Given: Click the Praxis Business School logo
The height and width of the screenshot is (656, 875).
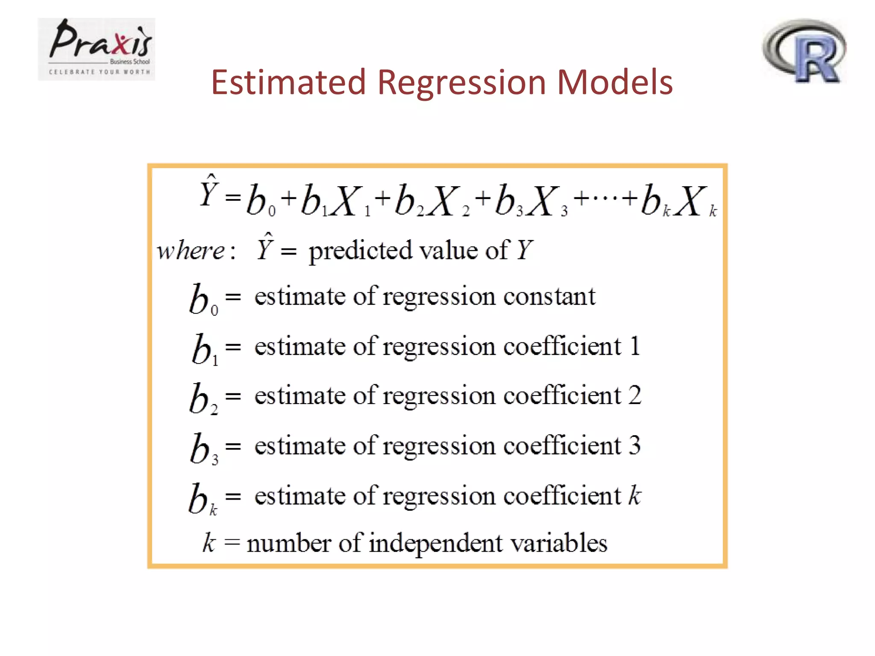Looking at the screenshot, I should click(97, 49).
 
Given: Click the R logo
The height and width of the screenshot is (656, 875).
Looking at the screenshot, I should click(805, 51).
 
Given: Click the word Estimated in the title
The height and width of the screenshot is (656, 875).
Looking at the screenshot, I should click(288, 82).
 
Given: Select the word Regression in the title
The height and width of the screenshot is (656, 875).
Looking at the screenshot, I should click(461, 83).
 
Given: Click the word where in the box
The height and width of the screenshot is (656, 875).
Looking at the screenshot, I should click(191, 251).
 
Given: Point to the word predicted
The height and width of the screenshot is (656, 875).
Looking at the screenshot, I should click(360, 251).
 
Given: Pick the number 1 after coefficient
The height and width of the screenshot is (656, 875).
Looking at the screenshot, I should click(635, 346).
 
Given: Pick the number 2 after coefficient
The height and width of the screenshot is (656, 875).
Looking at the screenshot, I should click(635, 395).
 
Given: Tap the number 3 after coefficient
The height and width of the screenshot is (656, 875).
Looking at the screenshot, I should click(635, 445).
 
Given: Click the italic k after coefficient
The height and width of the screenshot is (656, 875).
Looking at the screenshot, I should click(635, 495).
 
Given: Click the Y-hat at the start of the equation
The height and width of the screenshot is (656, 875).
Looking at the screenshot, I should click(209, 192).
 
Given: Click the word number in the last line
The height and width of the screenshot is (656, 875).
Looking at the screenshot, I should click(289, 543).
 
